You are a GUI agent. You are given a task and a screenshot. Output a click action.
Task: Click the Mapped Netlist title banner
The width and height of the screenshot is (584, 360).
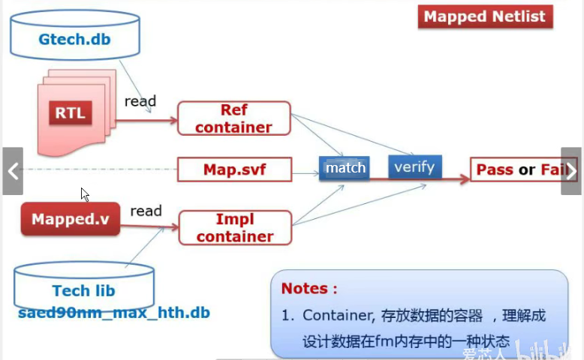point(485,16)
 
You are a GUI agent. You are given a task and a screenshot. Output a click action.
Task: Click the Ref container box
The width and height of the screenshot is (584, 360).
point(233,118)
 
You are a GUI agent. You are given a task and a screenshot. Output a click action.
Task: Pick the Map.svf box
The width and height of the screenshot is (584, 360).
point(234,169)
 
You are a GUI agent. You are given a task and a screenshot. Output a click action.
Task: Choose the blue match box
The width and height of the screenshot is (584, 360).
point(345,168)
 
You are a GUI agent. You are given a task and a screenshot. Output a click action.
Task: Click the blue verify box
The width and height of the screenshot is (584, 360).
point(414,166)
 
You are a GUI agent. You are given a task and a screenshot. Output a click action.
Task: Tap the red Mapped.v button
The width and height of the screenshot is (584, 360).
point(71,220)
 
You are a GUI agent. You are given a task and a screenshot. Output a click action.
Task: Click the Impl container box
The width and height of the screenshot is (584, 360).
point(234,228)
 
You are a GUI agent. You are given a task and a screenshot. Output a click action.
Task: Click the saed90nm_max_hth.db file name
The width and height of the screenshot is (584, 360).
point(113,312)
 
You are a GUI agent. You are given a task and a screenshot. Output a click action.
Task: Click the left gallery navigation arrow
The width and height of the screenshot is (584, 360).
point(13,171)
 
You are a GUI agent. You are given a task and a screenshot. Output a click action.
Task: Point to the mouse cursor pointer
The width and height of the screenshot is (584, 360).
point(85,194)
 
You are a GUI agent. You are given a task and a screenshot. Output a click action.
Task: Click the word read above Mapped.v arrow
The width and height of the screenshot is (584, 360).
point(146,211)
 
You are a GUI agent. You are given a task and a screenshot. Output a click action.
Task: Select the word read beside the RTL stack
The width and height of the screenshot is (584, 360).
point(140,100)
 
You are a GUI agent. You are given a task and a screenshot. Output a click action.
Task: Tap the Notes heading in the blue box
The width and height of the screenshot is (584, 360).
point(309,288)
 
